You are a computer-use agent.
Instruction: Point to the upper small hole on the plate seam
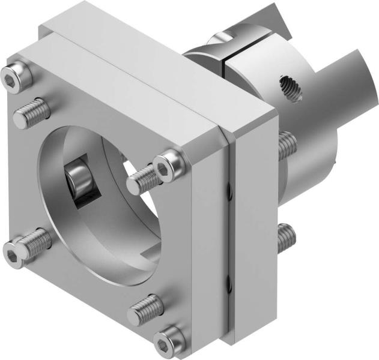pos(228,192)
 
